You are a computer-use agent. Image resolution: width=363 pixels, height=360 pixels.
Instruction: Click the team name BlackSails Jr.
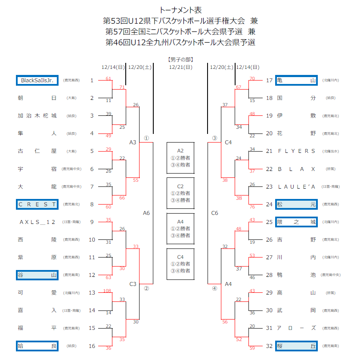(37, 81)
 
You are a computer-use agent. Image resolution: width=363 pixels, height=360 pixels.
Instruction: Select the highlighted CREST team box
(37, 204)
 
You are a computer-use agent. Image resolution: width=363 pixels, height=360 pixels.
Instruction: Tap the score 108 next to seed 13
(107, 291)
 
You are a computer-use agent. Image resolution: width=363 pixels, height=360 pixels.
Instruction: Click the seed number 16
(92, 346)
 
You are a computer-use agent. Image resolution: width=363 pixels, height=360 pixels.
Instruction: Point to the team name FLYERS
(297, 151)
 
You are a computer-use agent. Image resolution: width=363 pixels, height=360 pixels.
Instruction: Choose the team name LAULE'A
(297, 186)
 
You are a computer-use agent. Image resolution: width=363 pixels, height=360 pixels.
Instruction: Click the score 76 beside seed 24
(252, 207)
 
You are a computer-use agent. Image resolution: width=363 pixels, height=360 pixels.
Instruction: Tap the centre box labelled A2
(180, 158)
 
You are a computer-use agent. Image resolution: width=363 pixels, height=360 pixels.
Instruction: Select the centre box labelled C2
(180, 193)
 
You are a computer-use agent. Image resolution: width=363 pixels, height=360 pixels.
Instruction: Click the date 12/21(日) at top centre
(180, 67)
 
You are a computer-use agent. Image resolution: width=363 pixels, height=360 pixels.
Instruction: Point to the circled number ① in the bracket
(146, 138)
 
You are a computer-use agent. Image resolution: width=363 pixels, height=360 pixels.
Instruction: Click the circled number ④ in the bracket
(214, 289)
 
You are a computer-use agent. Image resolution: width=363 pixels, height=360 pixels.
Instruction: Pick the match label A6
(146, 213)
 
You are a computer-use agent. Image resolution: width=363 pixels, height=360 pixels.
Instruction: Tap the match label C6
(214, 213)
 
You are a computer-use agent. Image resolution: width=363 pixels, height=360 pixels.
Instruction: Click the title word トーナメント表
(180, 10)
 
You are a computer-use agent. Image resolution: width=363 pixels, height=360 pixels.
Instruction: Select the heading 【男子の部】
(180, 59)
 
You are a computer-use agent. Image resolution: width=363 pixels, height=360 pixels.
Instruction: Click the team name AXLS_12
(37, 222)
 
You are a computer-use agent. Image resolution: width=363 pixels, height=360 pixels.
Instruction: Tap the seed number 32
(270, 346)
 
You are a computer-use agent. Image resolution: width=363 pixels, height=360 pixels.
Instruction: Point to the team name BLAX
(297, 169)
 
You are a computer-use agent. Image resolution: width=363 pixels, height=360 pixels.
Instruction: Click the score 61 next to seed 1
(108, 78)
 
